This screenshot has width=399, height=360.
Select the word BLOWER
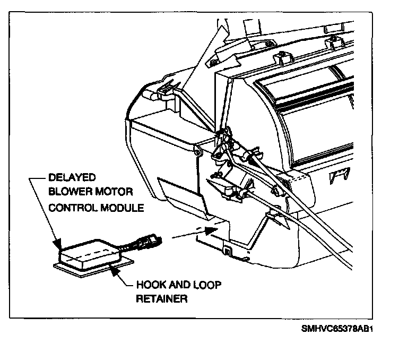(x=68, y=193)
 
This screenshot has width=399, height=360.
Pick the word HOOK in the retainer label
(x=151, y=285)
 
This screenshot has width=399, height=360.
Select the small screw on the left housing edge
(x=197, y=153)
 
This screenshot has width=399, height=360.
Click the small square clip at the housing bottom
(x=227, y=249)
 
